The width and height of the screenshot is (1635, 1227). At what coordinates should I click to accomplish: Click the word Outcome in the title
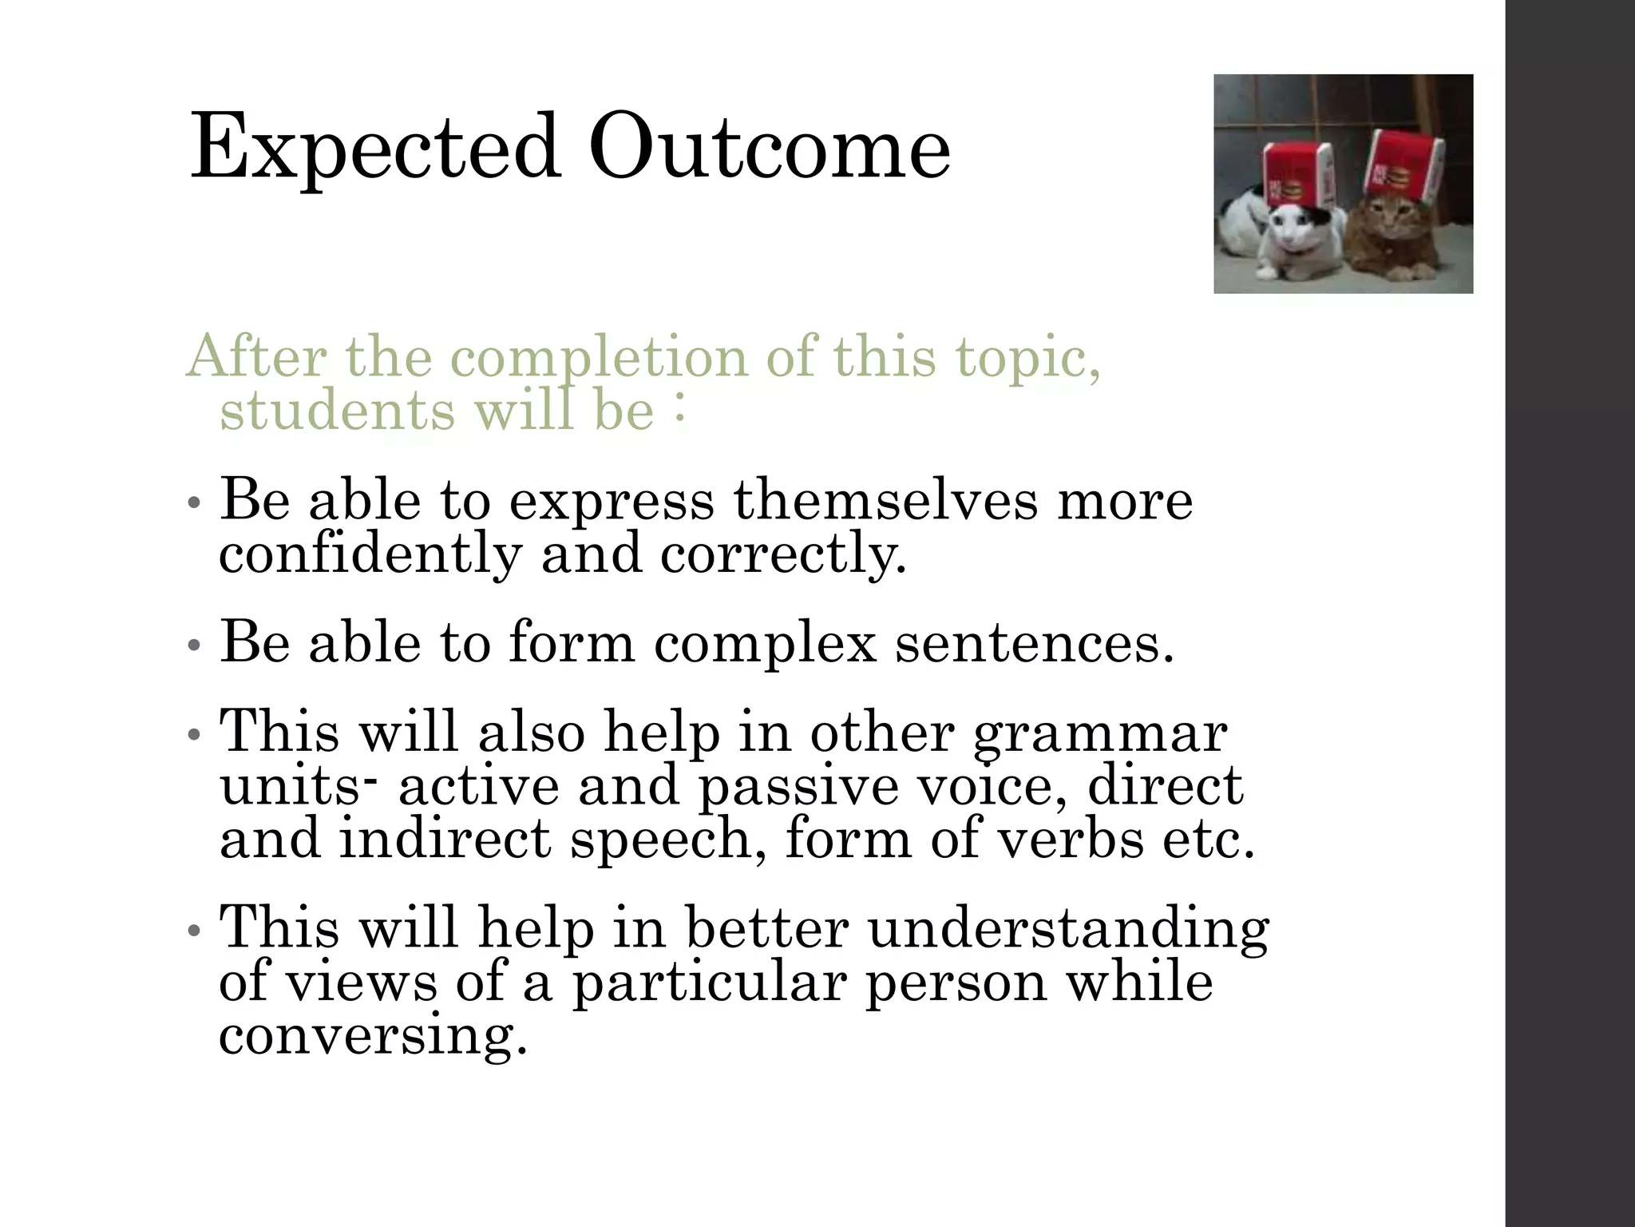[769, 149]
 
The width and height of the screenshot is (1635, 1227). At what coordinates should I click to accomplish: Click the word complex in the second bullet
[765, 642]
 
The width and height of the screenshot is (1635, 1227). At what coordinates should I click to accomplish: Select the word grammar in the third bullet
[1100, 733]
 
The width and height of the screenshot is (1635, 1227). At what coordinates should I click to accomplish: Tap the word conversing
[373, 1036]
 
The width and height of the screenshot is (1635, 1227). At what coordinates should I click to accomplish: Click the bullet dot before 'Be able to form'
[192, 645]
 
